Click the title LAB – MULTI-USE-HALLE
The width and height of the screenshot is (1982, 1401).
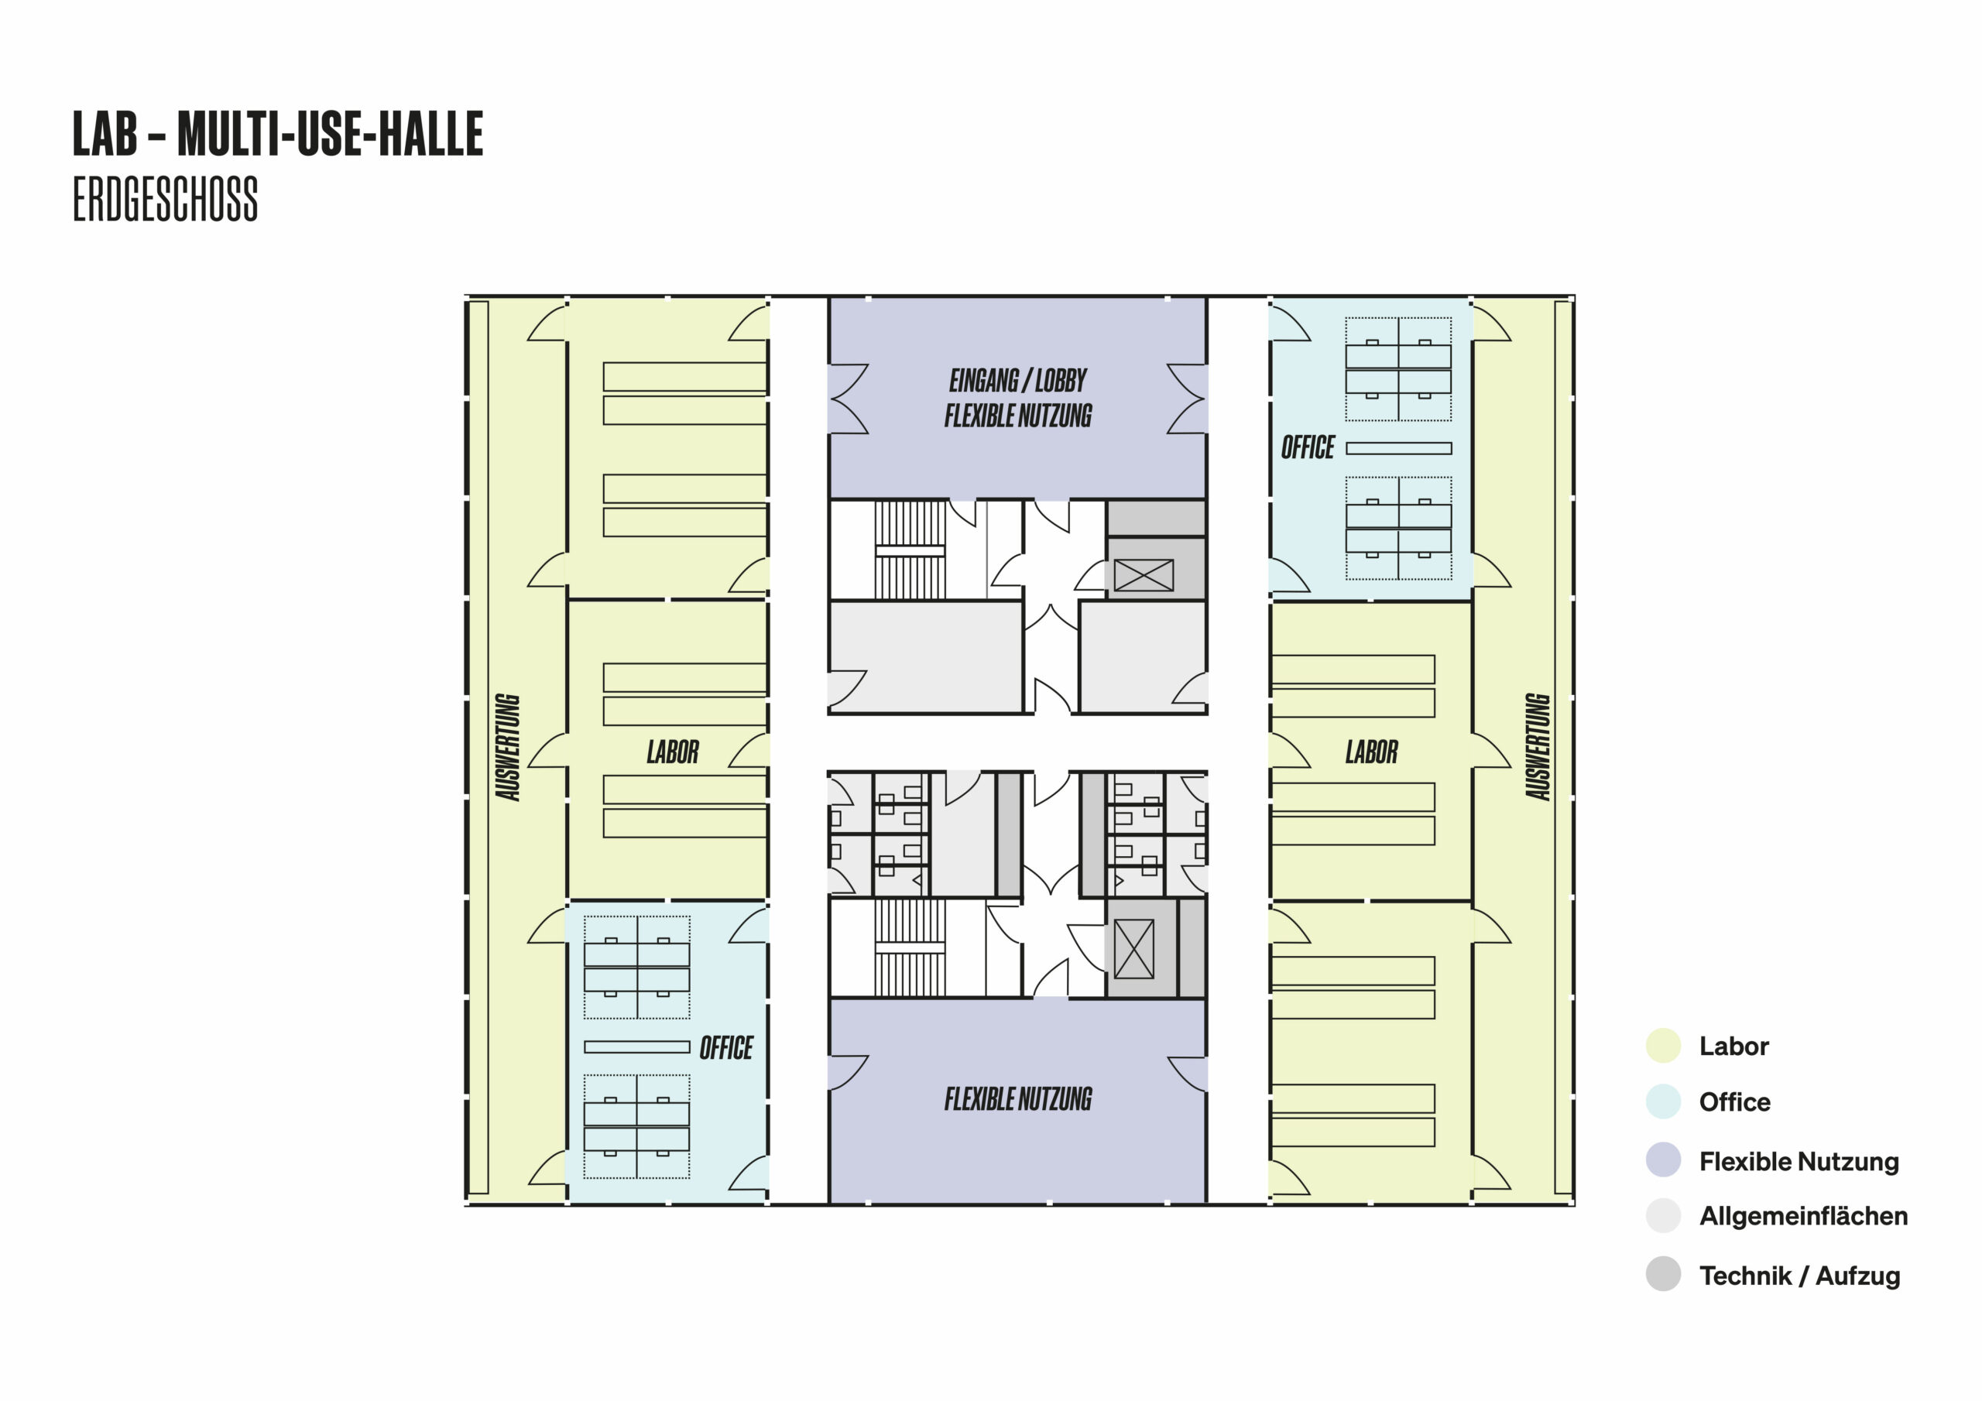tap(278, 134)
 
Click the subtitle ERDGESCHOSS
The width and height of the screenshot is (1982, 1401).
tap(165, 200)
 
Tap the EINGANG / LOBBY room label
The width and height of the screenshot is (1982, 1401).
tap(1018, 380)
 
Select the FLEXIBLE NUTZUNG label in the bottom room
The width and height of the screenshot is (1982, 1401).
tap(1018, 1099)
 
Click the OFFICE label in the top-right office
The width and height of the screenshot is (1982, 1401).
tap(1308, 447)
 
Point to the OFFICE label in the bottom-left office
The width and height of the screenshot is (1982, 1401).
tap(726, 1048)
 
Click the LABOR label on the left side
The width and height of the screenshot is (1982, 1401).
tap(674, 752)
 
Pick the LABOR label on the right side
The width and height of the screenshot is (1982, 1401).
tap(1372, 752)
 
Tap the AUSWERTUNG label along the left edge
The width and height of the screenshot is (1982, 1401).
tap(508, 748)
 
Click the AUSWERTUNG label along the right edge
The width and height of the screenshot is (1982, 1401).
tap(1538, 748)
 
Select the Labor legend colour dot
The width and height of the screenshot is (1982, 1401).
tap(1664, 1046)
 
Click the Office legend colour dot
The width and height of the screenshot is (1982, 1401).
tap(1664, 1102)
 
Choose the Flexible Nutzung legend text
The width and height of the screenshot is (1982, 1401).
tap(1799, 1162)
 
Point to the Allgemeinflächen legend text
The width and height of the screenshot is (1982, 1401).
tap(1803, 1216)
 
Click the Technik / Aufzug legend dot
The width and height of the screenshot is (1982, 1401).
tap(1664, 1274)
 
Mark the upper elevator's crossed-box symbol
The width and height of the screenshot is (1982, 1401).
tap(1144, 575)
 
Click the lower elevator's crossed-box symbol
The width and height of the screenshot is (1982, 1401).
tap(1134, 949)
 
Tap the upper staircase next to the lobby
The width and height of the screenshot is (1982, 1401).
tap(910, 550)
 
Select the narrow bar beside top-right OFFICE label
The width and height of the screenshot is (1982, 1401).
tap(1398, 448)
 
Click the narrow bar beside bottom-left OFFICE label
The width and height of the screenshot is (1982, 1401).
tap(637, 1047)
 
